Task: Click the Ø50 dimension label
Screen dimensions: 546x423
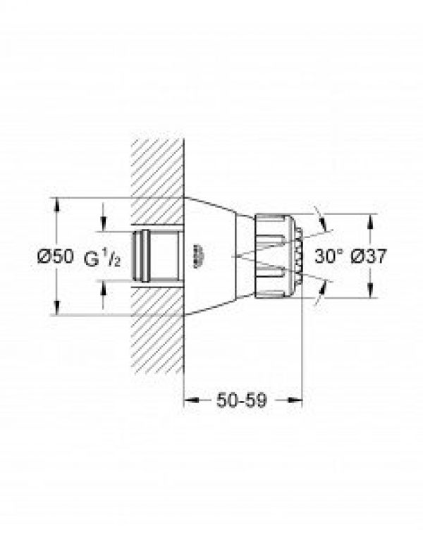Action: tap(55, 256)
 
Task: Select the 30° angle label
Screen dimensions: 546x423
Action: tap(327, 256)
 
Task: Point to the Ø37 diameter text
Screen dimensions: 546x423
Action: tap(369, 256)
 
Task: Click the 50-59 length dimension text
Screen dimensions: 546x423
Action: tap(243, 399)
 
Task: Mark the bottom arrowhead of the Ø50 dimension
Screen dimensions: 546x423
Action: tap(57, 311)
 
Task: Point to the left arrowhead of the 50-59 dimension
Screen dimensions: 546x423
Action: tap(188, 399)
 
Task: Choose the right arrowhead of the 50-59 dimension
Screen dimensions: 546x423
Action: tap(298, 399)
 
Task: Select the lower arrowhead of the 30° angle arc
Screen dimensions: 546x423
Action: tap(323, 285)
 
